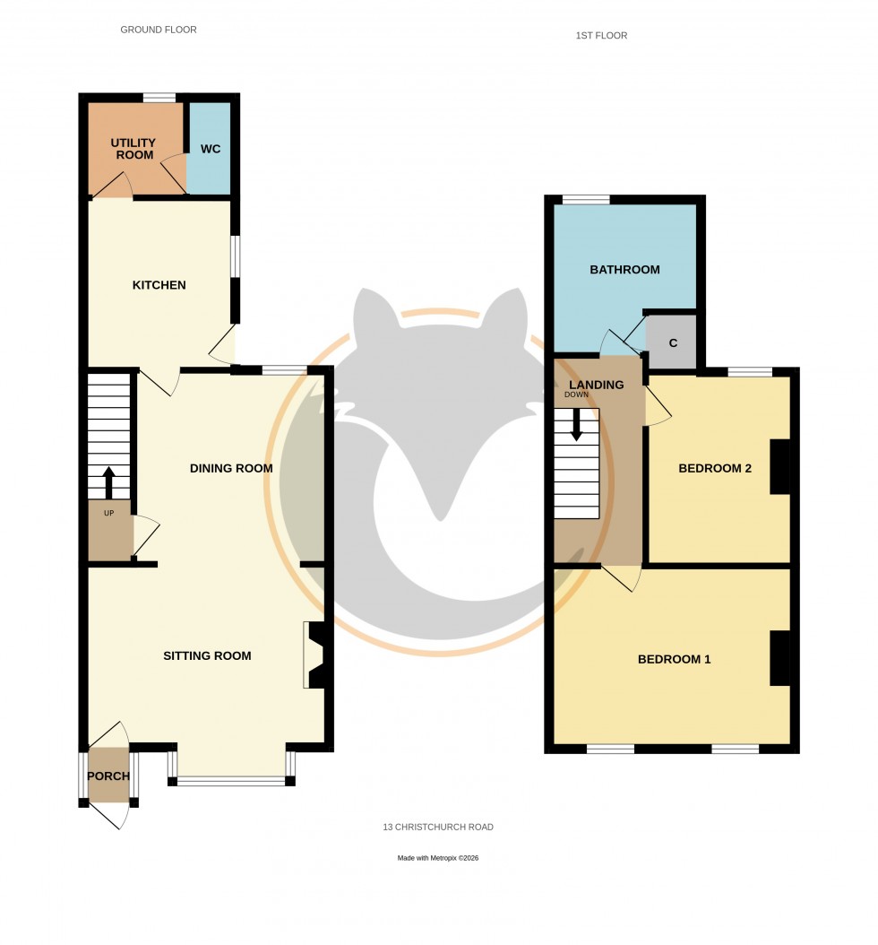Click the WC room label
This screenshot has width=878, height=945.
[210, 149]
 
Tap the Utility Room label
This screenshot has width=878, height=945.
[133, 149]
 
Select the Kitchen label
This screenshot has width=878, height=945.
[159, 285]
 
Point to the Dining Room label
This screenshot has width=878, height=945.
[231, 468]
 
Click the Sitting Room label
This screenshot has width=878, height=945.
[207, 655]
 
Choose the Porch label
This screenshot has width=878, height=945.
[109, 776]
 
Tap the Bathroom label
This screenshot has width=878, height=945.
[624, 269]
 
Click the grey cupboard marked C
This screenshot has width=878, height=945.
[673, 342]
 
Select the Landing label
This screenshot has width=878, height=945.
[598, 385]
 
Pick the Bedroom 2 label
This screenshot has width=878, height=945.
[714, 468]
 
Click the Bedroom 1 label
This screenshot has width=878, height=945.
[674, 659]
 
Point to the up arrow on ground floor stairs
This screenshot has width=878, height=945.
[109, 481]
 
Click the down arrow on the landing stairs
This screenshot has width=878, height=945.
[576, 423]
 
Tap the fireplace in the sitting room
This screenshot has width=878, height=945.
[316, 655]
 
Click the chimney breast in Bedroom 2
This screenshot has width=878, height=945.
[780, 467]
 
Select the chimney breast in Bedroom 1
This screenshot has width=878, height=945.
[780, 658]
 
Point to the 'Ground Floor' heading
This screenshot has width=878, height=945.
[159, 30]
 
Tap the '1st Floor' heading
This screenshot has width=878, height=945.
[601, 36]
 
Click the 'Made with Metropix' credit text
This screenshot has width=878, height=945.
[438, 858]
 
